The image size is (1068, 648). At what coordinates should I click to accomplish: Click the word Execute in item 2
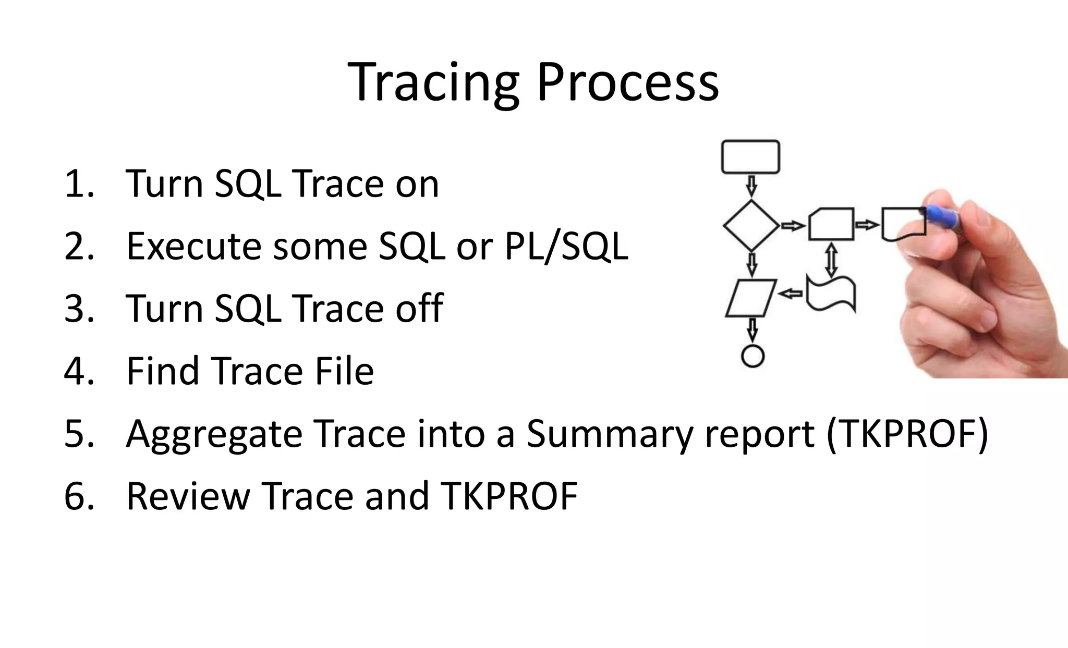(193, 246)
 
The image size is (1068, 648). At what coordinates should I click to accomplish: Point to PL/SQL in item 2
(566, 246)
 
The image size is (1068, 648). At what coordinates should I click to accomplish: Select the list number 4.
(78, 371)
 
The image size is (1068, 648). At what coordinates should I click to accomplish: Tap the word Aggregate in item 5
(214, 434)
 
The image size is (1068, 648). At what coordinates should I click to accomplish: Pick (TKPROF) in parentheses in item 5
(907, 434)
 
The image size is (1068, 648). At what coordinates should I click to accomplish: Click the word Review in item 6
(188, 496)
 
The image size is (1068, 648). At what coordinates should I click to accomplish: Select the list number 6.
(78, 496)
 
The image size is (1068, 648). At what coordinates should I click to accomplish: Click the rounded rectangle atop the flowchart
(750, 157)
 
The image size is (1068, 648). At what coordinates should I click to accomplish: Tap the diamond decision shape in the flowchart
(751, 225)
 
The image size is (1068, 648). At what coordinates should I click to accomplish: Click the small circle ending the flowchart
(753, 356)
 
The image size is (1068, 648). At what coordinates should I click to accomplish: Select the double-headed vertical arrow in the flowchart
(831, 260)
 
